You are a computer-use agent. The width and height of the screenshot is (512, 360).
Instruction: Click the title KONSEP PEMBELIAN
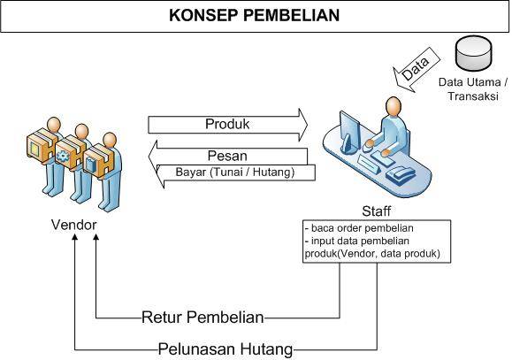tap(254, 15)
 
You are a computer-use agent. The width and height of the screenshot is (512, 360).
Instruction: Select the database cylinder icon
tap(473, 53)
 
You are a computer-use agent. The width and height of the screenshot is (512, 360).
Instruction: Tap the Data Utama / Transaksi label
tap(473, 88)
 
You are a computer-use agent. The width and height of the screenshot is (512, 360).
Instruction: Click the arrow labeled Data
tap(416, 70)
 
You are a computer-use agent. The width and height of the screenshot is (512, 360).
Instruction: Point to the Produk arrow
tap(227, 125)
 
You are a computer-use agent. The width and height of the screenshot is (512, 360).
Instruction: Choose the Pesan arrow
tap(227, 157)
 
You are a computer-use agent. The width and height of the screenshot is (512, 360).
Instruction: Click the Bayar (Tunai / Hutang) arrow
tap(236, 172)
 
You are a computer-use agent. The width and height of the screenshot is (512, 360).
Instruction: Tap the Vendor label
tap(73, 225)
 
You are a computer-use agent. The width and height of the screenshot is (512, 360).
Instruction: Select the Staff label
tap(376, 211)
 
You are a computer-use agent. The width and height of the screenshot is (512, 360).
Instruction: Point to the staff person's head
tap(394, 106)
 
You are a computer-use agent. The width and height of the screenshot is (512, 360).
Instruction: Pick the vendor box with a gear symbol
tap(66, 153)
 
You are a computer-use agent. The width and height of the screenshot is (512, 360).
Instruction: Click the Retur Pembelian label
tap(203, 318)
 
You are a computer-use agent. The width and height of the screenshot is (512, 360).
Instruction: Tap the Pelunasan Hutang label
tap(225, 349)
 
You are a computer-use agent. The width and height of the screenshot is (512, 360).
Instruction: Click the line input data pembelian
tap(356, 241)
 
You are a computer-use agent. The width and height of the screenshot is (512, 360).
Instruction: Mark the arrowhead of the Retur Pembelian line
tap(96, 237)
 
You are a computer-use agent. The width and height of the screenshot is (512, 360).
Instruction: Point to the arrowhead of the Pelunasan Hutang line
tap(75, 237)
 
